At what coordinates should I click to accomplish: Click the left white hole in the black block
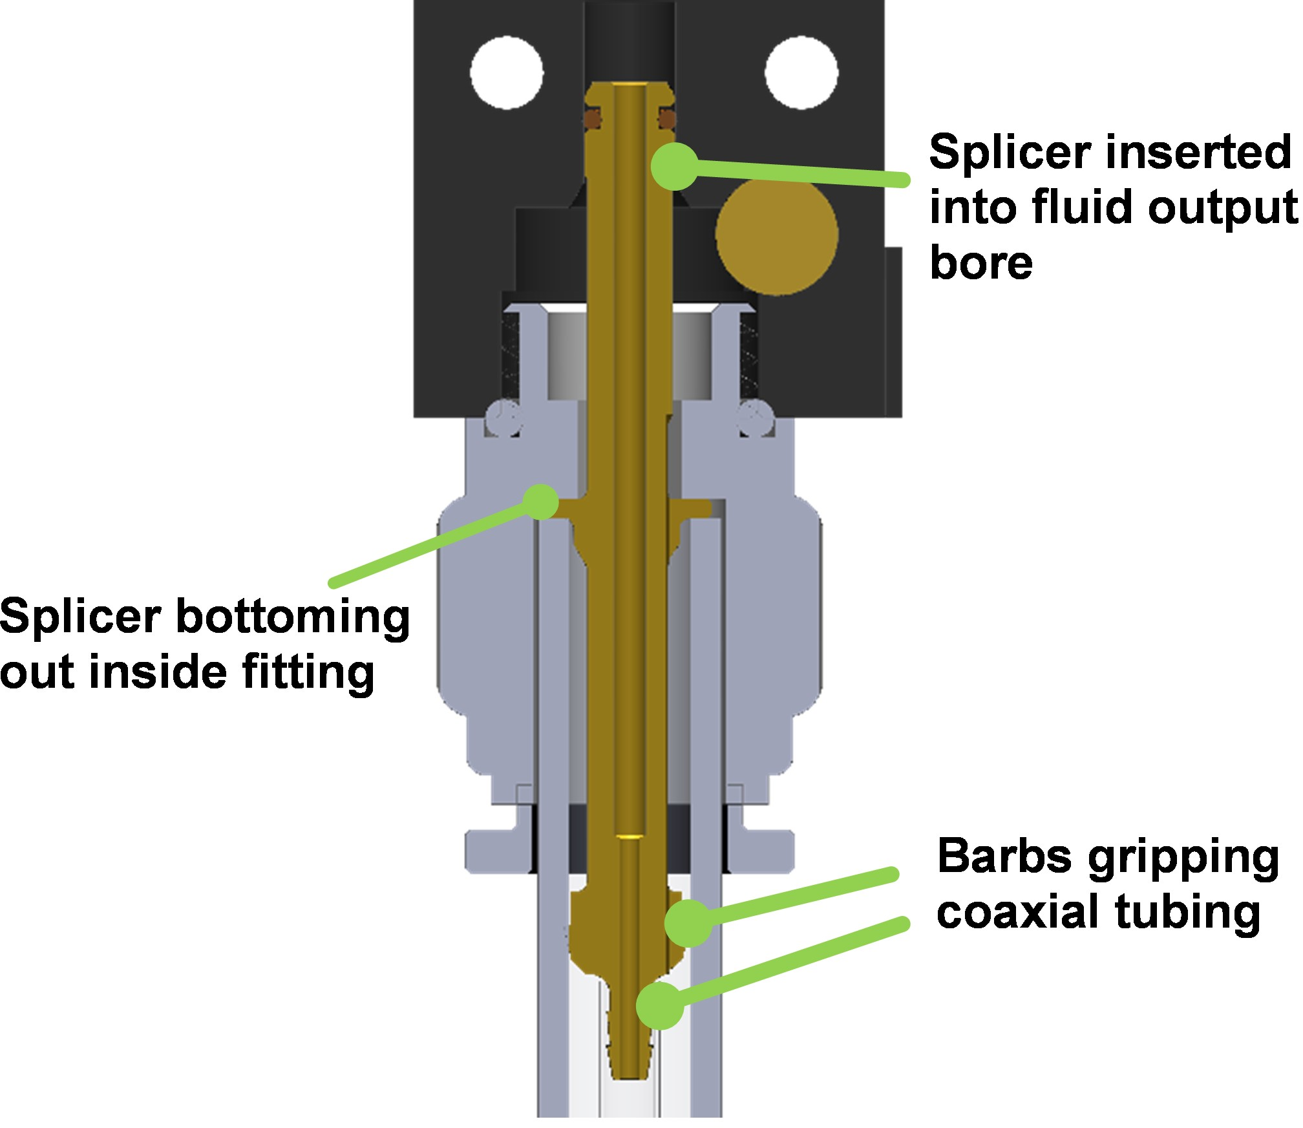pyautogui.click(x=507, y=72)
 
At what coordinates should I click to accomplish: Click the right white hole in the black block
pyautogui.click(x=801, y=72)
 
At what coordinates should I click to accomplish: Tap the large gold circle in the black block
pyautogui.click(x=777, y=234)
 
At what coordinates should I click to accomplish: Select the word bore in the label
pyautogui.click(x=981, y=263)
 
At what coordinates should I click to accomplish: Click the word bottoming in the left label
pyautogui.click(x=293, y=617)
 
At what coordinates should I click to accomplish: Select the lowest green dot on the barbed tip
pyautogui.click(x=659, y=1005)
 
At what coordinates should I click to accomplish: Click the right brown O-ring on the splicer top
pyautogui.click(x=667, y=118)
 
